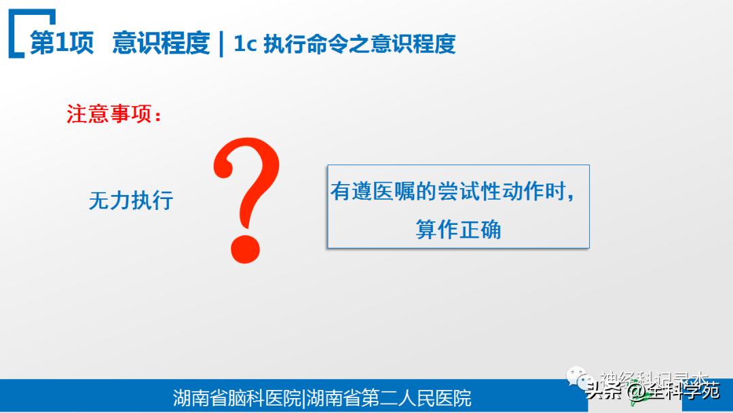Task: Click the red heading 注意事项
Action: pyautogui.click(x=109, y=114)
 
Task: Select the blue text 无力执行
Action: pyautogui.click(x=131, y=200)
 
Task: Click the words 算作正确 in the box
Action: pyautogui.click(x=458, y=230)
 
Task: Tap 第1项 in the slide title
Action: pyautogui.click(x=62, y=43)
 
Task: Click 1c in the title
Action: pyautogui.click(x=244, y=44)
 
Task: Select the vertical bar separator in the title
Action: pyautogui.click(x=221, y=44)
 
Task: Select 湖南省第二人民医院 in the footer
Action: pyautogui.click(x=390, y=397)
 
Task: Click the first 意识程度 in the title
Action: pyautogui.click(x=162, y=43)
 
